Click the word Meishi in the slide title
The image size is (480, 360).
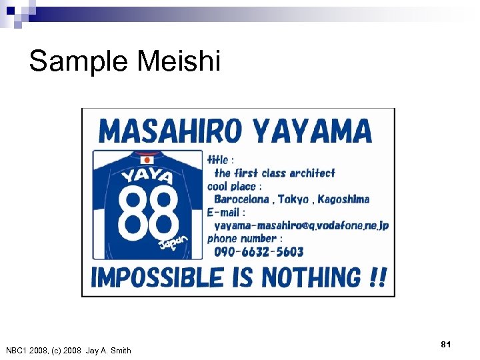point(178,61)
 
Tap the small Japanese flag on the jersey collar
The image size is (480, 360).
point(147,159)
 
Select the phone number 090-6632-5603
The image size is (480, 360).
point(259,252)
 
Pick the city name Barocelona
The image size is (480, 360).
point(241,199)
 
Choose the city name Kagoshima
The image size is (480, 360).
point(343,199)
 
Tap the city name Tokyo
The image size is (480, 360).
point(293,199)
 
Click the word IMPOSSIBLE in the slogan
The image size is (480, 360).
point(157,277)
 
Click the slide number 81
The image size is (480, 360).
point(446,344)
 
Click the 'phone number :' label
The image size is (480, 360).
point(245,238)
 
